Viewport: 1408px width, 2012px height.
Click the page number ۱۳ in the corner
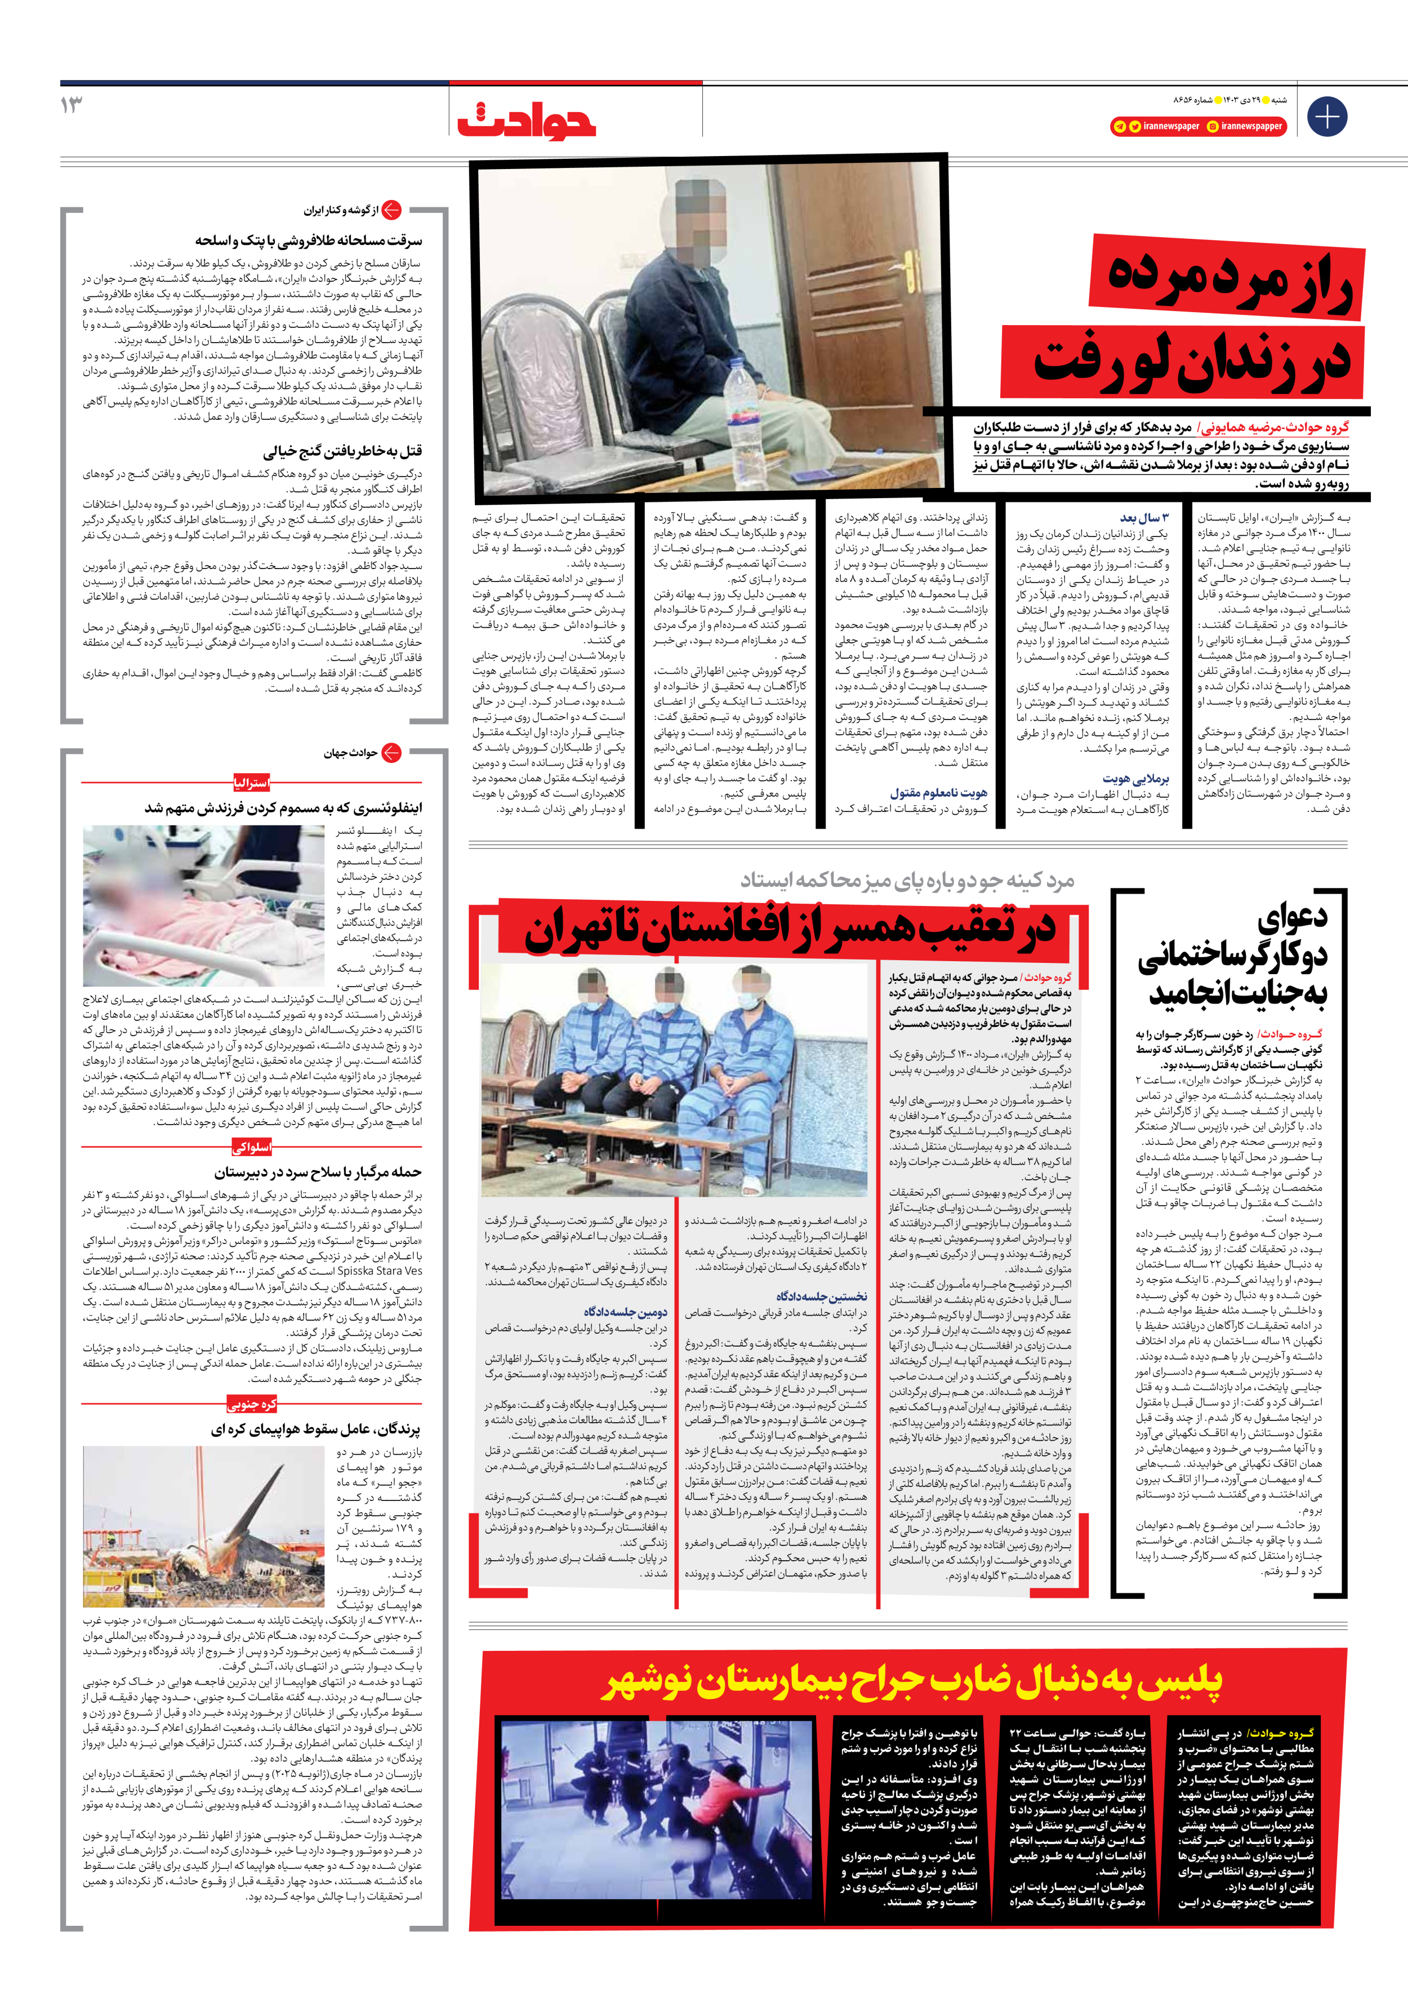[72, 105]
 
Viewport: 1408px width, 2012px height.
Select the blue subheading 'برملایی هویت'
[1135, 778]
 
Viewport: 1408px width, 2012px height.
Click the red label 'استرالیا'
[251, 783]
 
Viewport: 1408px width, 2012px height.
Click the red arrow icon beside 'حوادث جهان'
[391, 753]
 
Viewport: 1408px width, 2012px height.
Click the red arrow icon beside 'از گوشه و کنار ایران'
[391, 210]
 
